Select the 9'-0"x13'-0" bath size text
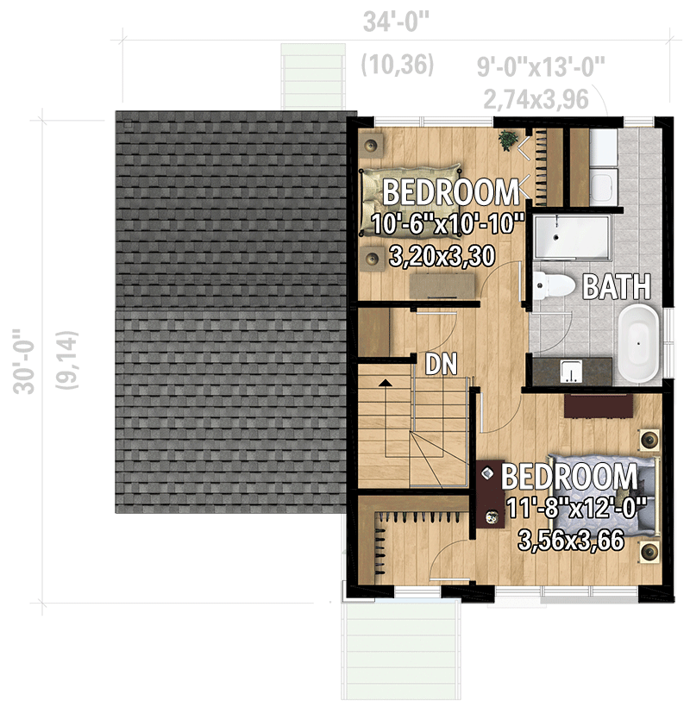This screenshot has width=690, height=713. (x=542, y=67)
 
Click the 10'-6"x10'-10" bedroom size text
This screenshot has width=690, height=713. (x=448, y=226)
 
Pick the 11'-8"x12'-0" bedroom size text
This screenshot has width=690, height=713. (x=577, y=509)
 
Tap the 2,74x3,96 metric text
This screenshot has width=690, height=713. (x=536, y=98)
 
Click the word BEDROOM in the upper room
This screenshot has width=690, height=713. (x=450, y=191)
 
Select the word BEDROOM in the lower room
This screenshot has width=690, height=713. (x=569, y=477)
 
